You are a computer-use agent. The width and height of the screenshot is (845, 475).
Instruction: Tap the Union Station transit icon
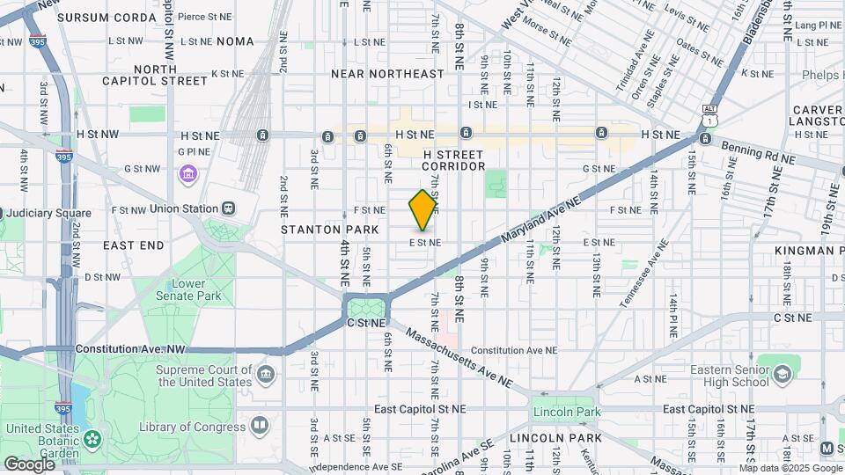click(228, 208)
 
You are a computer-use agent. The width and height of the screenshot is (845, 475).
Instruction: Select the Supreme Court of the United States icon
click(265, 376)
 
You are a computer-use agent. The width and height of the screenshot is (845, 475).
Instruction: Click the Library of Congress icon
click(259, 427)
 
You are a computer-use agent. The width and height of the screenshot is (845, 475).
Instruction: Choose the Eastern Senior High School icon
click(781, 376)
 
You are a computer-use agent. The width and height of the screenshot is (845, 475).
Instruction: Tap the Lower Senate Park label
click(195, 289)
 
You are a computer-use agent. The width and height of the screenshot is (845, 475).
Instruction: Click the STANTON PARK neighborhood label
click(329, 230)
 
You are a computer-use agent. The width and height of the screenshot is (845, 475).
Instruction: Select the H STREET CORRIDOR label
click(454, 160)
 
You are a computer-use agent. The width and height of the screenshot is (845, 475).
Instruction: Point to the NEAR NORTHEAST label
click(387, 75)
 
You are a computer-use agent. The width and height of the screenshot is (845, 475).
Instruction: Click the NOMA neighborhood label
click(235, 41)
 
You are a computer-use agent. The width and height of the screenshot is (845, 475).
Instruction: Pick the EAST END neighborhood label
click(133, 244)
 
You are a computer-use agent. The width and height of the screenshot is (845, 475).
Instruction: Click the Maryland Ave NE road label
click(540, 219)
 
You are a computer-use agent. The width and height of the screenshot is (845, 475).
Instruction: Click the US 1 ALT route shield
click(709, 113)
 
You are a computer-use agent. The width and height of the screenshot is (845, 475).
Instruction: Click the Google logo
click(29, 464)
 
